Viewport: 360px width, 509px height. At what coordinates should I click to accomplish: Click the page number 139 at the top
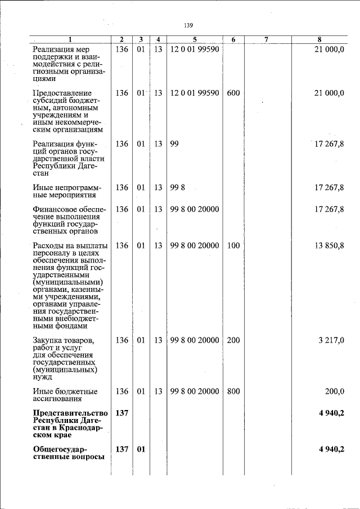(188, 26)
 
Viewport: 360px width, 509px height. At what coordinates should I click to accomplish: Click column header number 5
(194, 39)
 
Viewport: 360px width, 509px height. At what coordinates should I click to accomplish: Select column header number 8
(319, 39)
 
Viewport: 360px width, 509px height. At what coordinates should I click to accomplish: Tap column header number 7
(266, 39)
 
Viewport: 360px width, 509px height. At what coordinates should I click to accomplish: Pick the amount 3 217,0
(332, 340)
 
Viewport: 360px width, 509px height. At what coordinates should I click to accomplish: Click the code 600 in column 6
(233, 93)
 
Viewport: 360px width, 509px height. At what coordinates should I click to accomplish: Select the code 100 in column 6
(233, 246)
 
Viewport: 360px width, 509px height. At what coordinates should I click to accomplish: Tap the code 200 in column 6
(233, 340)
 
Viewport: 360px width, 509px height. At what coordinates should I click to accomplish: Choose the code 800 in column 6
(233, 391)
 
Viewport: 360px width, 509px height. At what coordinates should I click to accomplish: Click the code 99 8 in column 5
(177, 187)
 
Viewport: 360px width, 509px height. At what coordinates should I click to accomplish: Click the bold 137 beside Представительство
(121, 413)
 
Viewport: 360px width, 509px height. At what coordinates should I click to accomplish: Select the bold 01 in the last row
(141, 449)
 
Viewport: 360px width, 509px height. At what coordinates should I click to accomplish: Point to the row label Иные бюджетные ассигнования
(65, 395)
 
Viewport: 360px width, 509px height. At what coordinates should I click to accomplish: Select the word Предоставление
(62, 93)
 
